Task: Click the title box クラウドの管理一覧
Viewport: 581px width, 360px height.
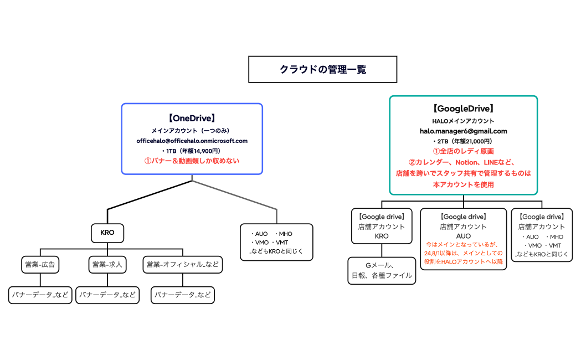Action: pos(322,69)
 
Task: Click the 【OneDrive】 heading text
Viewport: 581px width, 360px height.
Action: pos(192,118)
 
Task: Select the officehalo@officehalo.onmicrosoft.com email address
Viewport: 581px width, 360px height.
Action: pos(192,141)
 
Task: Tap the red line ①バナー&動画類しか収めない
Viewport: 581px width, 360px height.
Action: pos(192,161)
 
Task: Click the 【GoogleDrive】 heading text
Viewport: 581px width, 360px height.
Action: pos(463,109)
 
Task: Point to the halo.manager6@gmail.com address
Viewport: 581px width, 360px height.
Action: pos(463,131)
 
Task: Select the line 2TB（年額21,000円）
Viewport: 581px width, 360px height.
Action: pos(463,141)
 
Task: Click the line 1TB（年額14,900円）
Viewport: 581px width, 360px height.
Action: pos(192,151)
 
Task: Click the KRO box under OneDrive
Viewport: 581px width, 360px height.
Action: pos(107,233)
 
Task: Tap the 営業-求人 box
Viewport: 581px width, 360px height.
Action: pos(107,265)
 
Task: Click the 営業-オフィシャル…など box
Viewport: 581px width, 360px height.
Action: pos(183,265)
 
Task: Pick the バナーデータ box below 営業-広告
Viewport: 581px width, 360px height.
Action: pos(40,295)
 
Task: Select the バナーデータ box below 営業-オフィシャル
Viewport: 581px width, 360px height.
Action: pos(183,295)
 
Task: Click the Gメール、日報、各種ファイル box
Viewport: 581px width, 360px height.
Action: pos(382,270)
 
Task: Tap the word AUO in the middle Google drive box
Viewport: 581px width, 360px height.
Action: pos(463,236)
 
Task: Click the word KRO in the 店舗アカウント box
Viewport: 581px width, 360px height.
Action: pos(382,236)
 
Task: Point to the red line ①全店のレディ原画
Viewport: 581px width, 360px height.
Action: pos(463,151)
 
